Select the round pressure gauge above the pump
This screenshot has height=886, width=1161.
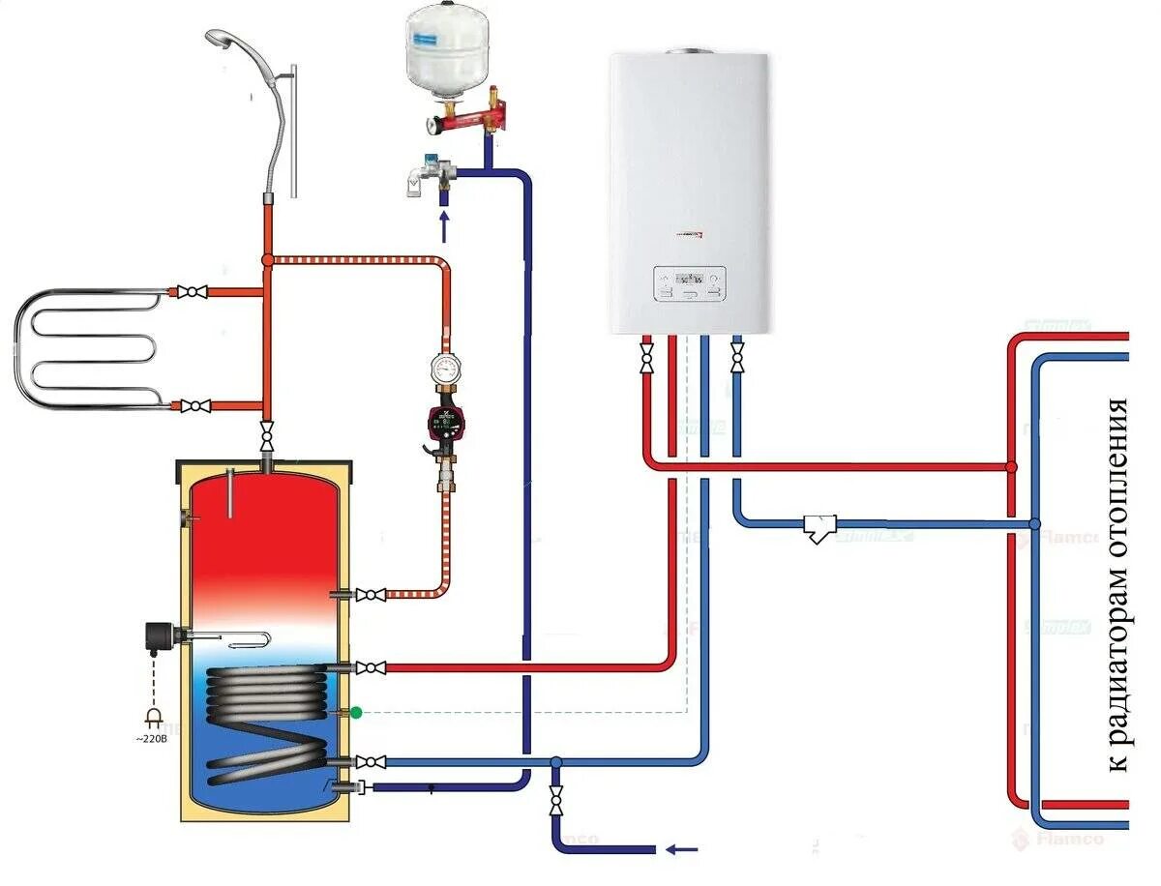(446, 369)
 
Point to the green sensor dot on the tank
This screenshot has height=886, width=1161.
(356, 713)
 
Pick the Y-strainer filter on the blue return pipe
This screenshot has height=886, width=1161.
(819, 527)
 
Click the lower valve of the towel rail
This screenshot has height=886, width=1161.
(197, 406)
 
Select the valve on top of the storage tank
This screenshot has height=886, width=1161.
(267, 428)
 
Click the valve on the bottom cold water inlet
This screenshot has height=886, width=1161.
(556, 801)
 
